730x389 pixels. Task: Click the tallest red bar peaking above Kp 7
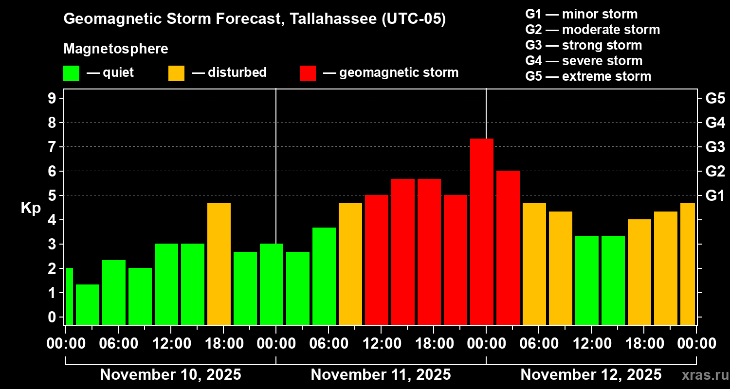(x=482, y=231)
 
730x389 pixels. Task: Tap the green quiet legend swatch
(x=71, y=73)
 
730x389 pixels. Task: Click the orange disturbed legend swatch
(x=176, y=73)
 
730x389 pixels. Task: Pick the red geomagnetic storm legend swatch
(x=308, y=73)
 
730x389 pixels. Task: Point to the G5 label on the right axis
(x=715, y=98)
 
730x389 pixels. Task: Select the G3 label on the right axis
(x=715, y=147)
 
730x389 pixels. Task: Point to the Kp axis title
(x=31, y=208)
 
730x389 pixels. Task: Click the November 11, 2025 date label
(x=381, y=375)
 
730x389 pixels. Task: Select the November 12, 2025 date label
(x=591, y=375)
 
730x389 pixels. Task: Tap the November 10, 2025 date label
(x=170, y=375)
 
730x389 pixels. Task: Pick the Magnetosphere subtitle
(x=116, y=49)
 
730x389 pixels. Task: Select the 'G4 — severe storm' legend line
(x=584, y=61)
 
